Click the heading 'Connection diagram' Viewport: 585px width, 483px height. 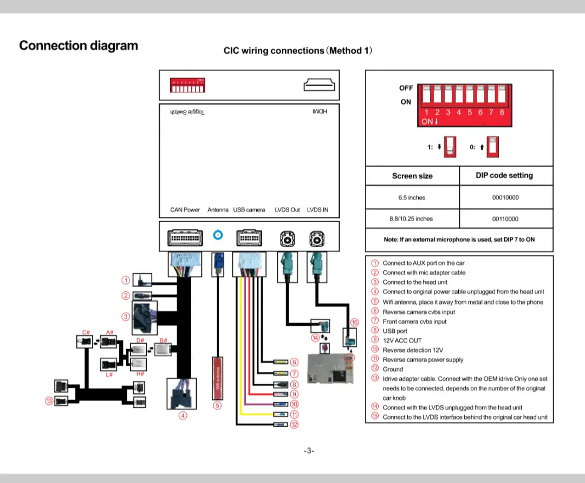(x=79, y=46)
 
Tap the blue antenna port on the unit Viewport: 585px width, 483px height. (x=218, y=235)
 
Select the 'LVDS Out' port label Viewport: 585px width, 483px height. (x=287, y=210)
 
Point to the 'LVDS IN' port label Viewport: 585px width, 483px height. (x=317, y=210)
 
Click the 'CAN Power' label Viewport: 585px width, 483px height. (x=185, y=210)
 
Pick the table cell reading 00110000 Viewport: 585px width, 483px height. (x=505, y=219)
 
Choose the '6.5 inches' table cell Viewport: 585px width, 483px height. (x=412, y=198)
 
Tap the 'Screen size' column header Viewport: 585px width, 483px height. (x=412, y=176)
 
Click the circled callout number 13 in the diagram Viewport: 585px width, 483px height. (x=48, y=401)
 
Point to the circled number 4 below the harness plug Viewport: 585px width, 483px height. (x=183, y=416)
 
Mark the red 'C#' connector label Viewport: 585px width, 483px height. (x=86, y=332)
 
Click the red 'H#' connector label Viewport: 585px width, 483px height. (x=140, y=374)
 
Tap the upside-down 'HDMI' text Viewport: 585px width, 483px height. (x=320, y=112)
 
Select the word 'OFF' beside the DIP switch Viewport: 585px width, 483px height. (x=406, y=88)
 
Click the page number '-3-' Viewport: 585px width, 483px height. (x=309, y=450)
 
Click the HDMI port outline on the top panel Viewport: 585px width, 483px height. (x=320, y=86)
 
